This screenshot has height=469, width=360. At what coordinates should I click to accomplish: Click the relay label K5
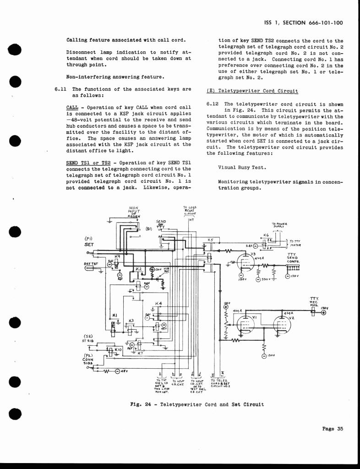tap(211, 240)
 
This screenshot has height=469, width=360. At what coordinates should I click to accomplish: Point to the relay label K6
tap(266, 235)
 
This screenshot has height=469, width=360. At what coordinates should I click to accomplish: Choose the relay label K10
tap(117, 349)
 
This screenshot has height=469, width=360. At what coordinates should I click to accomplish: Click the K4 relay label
tap(158, 304)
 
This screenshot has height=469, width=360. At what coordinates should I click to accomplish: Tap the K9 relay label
tap(117, 256)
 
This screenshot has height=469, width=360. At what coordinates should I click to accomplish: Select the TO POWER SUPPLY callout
tap(278, 225)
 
